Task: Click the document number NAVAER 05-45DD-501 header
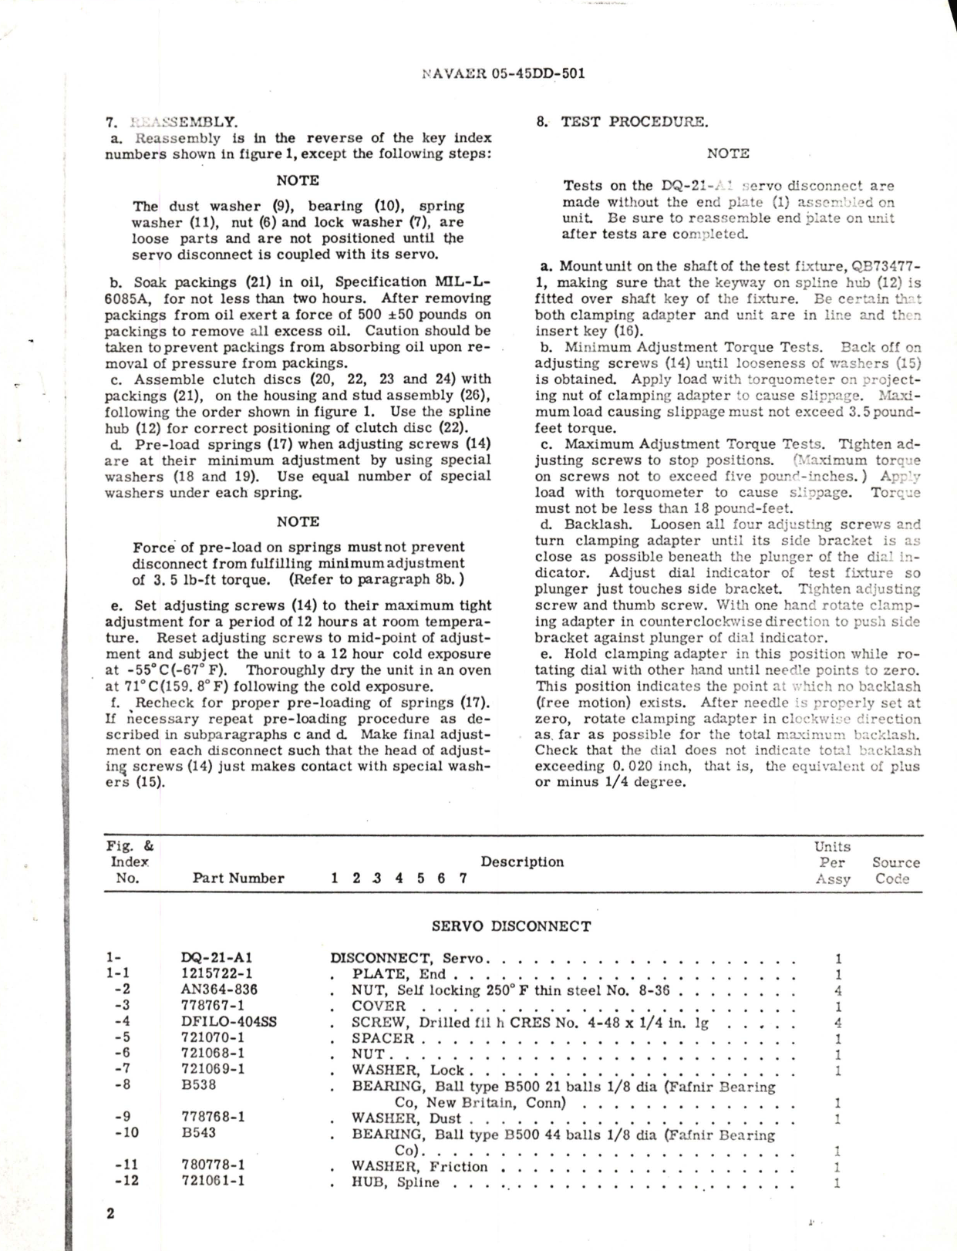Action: pyautogui.click(x=504, y=74)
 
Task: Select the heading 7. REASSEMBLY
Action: pyautogui.click(x=171, y=121)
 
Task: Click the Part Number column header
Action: pyautogui.click(x=238, y=878)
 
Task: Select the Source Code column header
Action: pyautogui.click(x=895, y=870)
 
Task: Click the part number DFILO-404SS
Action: pyautogui.click(x=227, y=1022)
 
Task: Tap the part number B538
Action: pyautogui.click(x=198, y=1084)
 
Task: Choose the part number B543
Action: pyautogui.click(x=198, y=1133)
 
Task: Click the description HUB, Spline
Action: pyautogui.click(x=396, y=1182)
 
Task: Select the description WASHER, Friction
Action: pyautogui.click(x=420, y=1166)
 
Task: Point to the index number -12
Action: pyautogui.click(x=126, y=1181)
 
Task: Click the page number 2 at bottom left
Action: pyautogui.click(x=110, y=1213)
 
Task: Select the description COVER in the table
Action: pyautogui.click(x=379, y=1006)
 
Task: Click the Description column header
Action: pyautogui.click(x=522, y=862)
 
